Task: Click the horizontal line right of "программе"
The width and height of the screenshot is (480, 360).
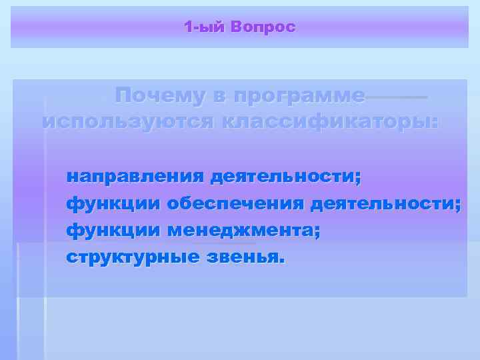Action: (397, 97)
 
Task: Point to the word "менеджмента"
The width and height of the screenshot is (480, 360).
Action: (239, 231)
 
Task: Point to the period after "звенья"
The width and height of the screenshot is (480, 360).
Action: (281, 261)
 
